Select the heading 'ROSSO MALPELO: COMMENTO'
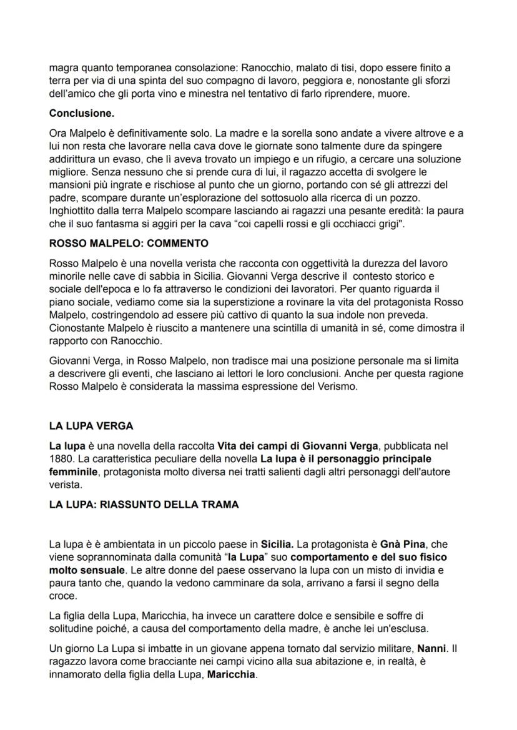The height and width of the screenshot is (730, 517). point(129,242)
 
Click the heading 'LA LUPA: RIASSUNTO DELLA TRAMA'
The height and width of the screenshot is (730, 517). point(144,505)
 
